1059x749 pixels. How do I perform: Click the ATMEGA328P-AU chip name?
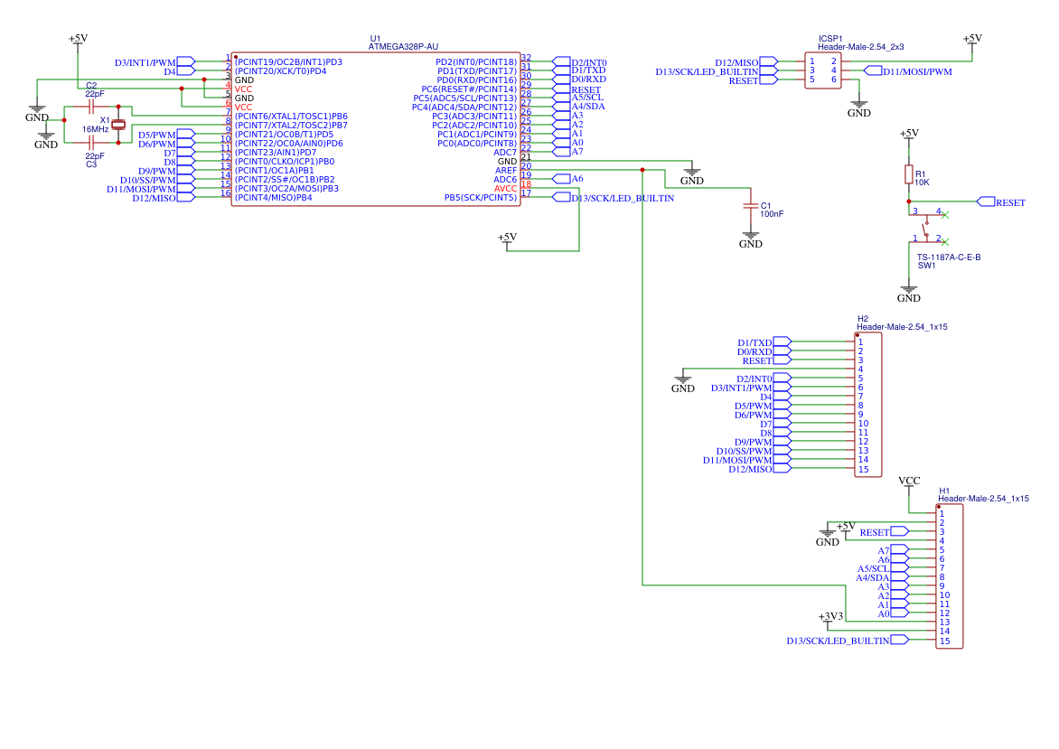pos(404,47)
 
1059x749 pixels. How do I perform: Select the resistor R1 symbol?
pos(908,174)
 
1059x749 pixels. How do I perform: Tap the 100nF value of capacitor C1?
pos(772,214)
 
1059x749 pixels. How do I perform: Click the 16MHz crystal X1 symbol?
pos(117,125)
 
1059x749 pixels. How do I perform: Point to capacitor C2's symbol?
pos(91,106)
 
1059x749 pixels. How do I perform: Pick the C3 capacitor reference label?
pos(91,164)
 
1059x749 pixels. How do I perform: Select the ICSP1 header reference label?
pos(830,39)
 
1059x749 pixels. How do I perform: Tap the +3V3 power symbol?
pos(830,617)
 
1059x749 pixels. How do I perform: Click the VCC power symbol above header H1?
pos(909,481)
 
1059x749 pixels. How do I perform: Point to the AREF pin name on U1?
pos(506,170)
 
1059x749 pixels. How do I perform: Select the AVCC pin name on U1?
pos(505,188)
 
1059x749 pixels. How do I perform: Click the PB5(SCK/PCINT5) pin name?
pos(480,197)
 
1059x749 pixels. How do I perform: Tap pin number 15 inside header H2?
pos(863,469)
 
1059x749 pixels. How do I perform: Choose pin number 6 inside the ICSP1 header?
pos(834,80)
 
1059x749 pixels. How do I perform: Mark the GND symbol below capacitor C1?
pos(750,240)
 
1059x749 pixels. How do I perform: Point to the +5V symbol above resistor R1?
pos(908,134)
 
